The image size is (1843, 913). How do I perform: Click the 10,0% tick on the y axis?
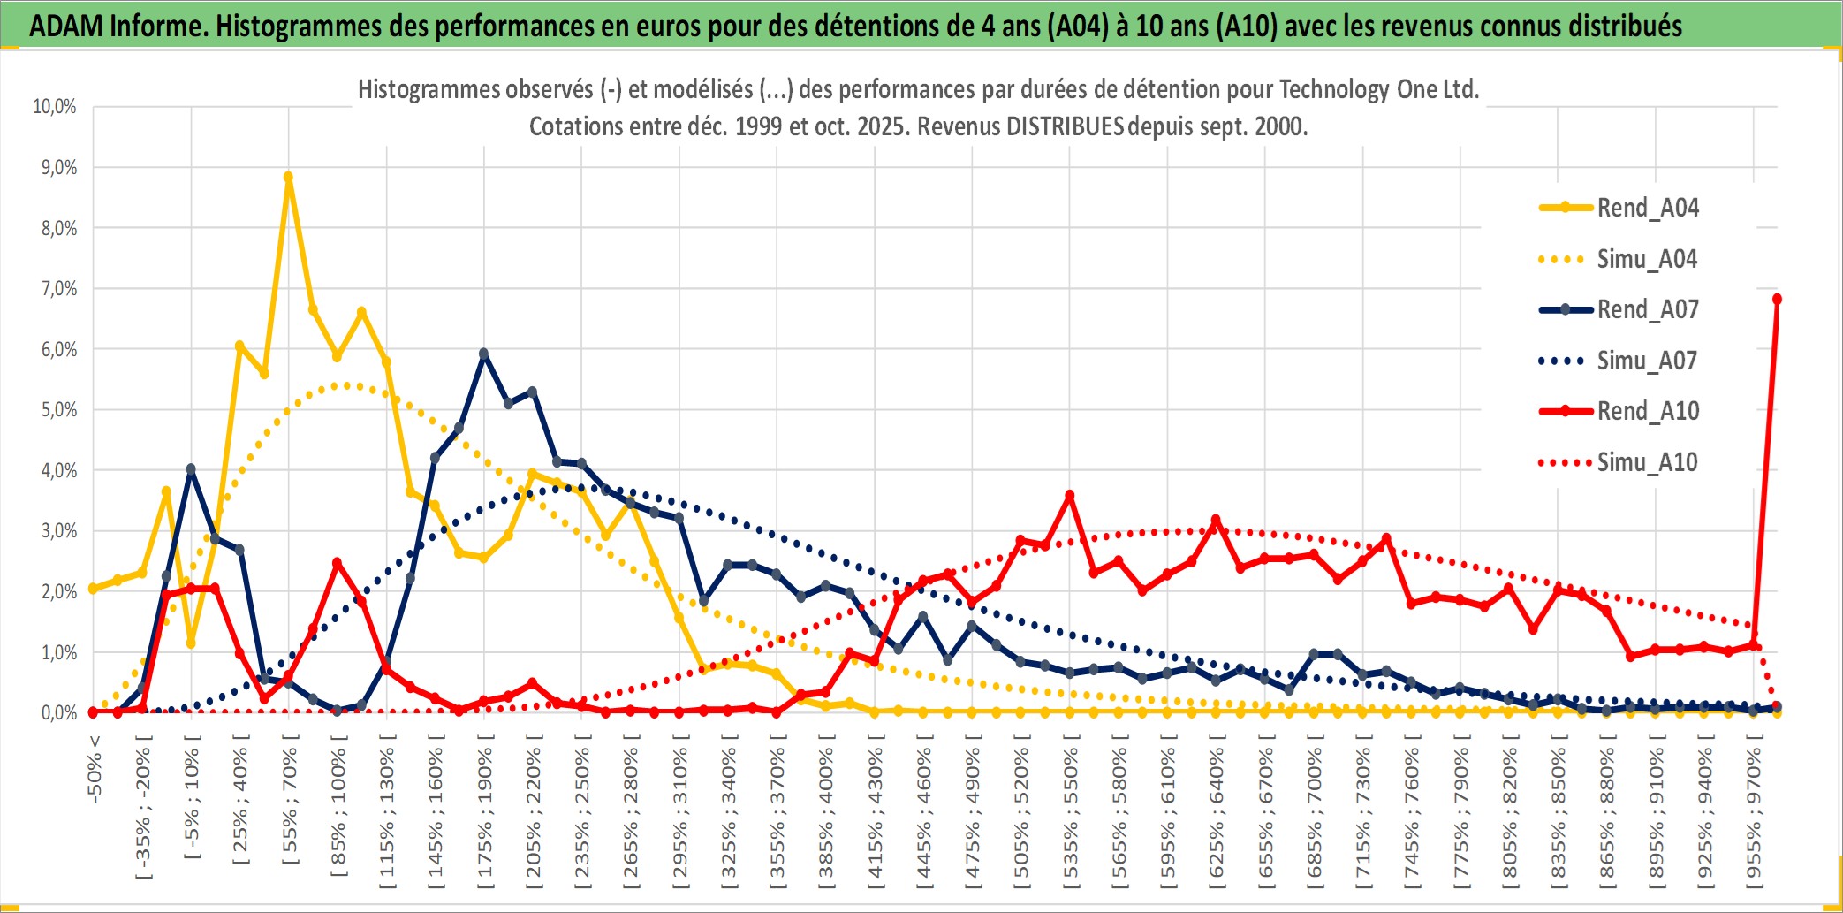55,107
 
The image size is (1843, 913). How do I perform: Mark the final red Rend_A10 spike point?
1777,300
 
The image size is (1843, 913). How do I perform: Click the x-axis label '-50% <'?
95,769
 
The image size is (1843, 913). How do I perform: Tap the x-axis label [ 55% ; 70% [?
290,806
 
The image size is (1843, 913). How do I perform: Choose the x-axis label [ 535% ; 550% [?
1070,815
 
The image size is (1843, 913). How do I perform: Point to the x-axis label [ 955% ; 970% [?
1754,815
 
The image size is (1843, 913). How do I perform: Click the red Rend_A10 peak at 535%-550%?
1069,496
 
